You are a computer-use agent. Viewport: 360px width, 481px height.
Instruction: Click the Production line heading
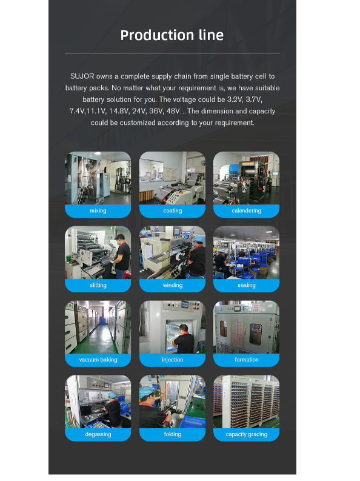point(172,35)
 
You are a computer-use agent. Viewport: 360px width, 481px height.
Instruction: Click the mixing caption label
point(98,210)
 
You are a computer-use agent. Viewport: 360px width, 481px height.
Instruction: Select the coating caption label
point(173,210)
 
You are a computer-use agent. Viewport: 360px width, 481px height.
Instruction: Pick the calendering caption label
point(246,210)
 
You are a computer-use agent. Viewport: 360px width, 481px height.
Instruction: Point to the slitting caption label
point(98,285)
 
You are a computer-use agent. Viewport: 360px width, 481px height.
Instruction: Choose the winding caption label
point(173,285)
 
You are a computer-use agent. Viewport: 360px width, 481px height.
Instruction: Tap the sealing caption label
point(246,285)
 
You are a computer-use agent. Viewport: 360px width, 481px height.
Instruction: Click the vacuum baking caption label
point(98,360)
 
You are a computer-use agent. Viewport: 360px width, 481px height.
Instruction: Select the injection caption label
point(173,360)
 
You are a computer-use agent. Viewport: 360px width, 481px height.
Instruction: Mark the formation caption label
point(246,360)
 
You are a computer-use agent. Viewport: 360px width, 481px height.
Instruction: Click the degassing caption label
point(98,434)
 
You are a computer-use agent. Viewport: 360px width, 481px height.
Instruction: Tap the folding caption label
point(173,434)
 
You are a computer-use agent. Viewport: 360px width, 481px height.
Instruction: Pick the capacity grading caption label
point(246,434)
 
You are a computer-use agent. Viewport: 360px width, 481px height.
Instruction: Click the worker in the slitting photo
point(122,256)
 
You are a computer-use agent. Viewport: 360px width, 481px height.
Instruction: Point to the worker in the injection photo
point(184,340)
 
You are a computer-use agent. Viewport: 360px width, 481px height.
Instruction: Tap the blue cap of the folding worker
point(146,392)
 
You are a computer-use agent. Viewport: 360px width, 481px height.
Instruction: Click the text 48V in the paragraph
point(173,111)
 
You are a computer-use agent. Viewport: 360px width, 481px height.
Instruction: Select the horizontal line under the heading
point(172,53)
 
